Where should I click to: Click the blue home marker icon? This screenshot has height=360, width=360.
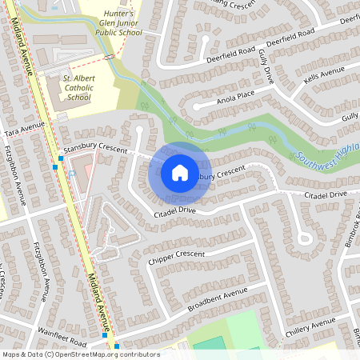[x=180, y=172]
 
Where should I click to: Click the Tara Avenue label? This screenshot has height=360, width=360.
[x=23, y=130]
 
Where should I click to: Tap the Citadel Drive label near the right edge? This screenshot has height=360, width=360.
[x=324, y=194]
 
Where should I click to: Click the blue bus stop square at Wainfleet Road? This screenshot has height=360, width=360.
[x=117, y=346]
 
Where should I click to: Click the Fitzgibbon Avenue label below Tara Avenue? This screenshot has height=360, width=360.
[x=17, y=178]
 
